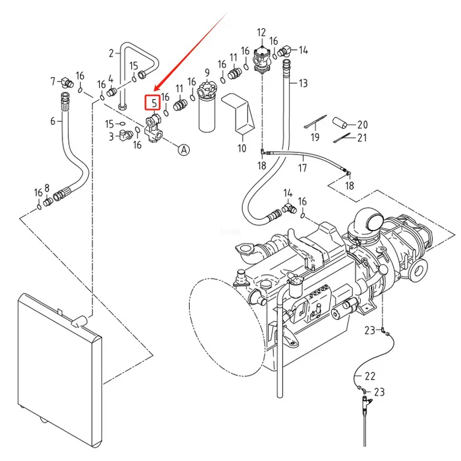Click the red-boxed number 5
[x=154, y=103]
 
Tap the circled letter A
[x=184, y=149]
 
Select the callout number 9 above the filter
[x=207, y=73]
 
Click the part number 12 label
[x=261, y=32]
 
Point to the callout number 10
[x=242, y=148]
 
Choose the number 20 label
[x=362, y=125]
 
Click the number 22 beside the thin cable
[x=370, y=376]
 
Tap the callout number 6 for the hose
[x=53, y=121]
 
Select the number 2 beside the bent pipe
[x=111, y=53]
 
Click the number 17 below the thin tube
[x=303, y=168]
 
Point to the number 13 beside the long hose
[x=303, y=83]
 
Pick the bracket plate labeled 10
[x=238, y=113]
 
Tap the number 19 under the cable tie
[x=315, y=137]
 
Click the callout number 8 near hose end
[x=47, y=188]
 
